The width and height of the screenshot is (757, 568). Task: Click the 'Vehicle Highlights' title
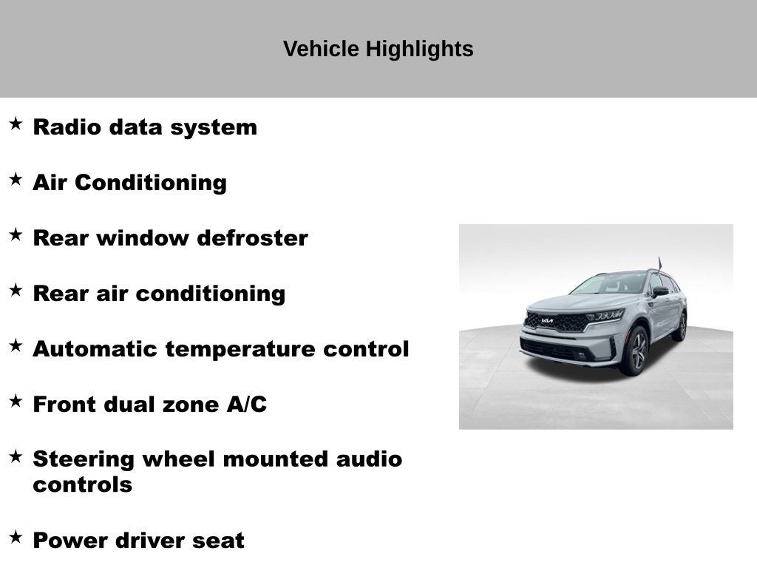coord(378,50)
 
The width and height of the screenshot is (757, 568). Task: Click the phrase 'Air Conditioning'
coord(129,183)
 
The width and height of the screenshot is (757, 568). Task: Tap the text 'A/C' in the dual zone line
coord(246,405)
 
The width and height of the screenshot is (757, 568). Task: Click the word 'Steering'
coord(83,459)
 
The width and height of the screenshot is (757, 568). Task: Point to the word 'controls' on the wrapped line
coord(82,485)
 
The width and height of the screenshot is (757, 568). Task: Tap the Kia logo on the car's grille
coord(547,321)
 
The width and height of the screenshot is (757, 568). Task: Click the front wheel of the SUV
coord(635,351)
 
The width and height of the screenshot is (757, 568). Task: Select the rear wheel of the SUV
coord(680,326)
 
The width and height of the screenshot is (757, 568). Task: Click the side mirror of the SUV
coord(659,292)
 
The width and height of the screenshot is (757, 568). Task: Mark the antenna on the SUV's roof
coord(659,263)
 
